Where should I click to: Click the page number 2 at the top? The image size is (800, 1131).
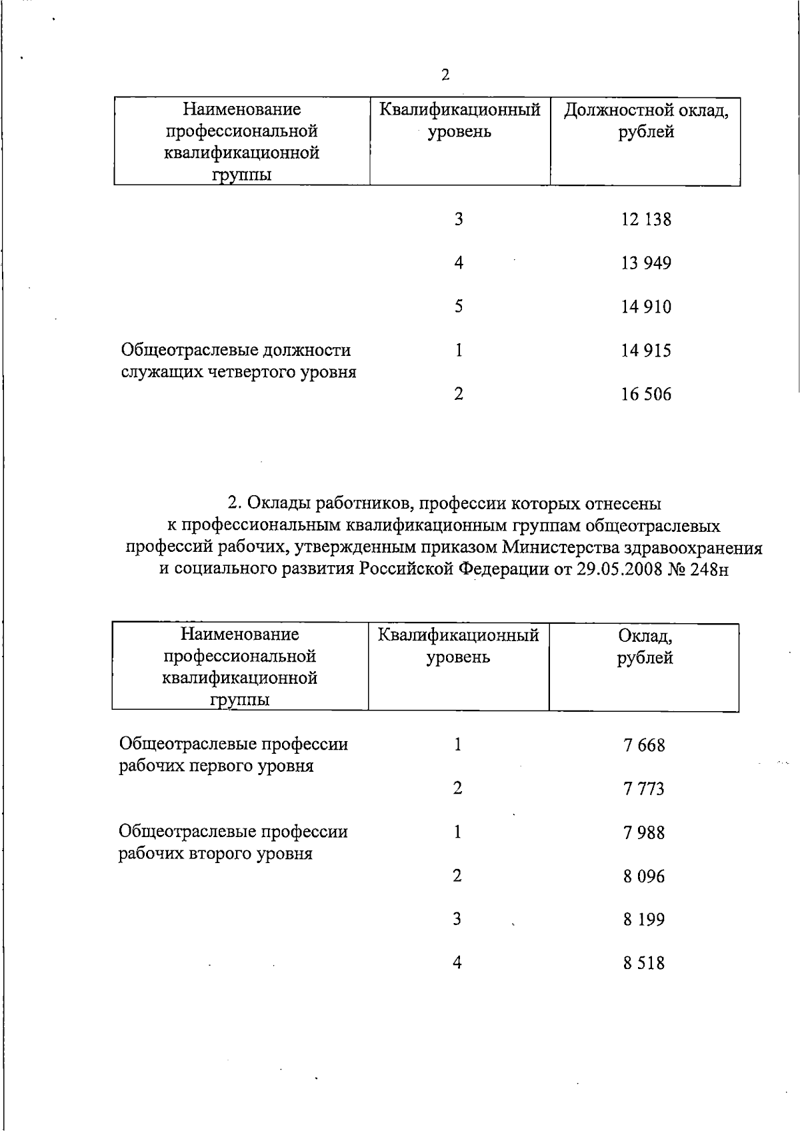pyautogui.click(x=445, y=75)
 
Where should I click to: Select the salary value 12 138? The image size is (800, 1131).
pyautogui.click(x=646, y=219)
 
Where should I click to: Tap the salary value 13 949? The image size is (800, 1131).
pyautogui.click(x=646, y=263)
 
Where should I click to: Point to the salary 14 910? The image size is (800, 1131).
pyautogui.click(x=646, y=307)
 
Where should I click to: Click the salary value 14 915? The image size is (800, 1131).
pyautogui.click(x=646, y=351)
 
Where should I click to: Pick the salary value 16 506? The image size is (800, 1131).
pyautogui.click(x=646, y=395)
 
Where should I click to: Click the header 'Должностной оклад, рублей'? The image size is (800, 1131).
pyautogui.click(x=645, y=121)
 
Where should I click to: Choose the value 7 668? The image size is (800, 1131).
pyautogui.click(x=644, y=745)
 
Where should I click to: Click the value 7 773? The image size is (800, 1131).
pyautogui.click(x=644, y=789)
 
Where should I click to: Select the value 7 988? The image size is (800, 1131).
pyautogui.click(x=644, y=832)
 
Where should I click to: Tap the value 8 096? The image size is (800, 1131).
pyautogui.click(x=644, y=876)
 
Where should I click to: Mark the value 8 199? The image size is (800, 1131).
pyautogui.click(x=644, y=920)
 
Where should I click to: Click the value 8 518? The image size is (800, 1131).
pyautogui.click(x=644, y=964)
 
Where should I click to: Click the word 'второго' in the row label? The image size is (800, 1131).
pyautogui.click(x=217, y=854)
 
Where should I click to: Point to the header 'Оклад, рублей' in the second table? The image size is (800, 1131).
pyautogui.click(x=645, y=647)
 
